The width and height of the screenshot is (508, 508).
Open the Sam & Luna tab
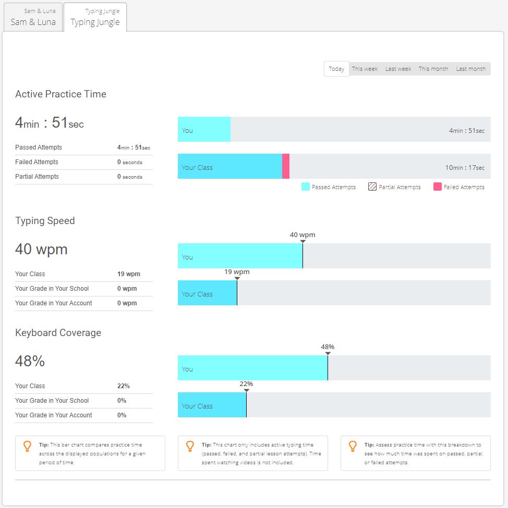pos(33,17)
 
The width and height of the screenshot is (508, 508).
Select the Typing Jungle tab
pos(95,17)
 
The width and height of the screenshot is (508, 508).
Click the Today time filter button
pos(336,69)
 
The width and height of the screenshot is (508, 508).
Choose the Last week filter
pos(398,69)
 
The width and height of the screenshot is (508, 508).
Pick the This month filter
pos(433,69)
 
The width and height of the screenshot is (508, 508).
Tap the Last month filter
pos(470,69)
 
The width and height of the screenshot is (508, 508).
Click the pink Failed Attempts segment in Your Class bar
pos(286,166)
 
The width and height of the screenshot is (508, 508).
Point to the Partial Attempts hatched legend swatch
pos(372,187)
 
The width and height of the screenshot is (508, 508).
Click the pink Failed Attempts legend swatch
pos(438,187)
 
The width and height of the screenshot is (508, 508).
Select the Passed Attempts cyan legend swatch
pos(306,187)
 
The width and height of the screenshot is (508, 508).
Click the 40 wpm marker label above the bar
pos(303,234)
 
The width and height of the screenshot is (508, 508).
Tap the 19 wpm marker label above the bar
pos(237,271)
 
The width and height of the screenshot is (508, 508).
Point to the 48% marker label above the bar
pos(328,346)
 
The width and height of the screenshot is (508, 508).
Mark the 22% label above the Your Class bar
pos(246,383)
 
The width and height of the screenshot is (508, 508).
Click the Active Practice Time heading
pos(61,94)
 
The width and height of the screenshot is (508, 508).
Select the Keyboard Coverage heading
pos(58,333)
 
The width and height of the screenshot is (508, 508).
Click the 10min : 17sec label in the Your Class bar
pos(465,168)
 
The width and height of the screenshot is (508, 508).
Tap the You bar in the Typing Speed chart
pos(240,256)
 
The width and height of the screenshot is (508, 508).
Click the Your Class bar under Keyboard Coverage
pos(212,405)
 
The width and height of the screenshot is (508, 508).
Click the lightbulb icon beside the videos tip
pos(190,446)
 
